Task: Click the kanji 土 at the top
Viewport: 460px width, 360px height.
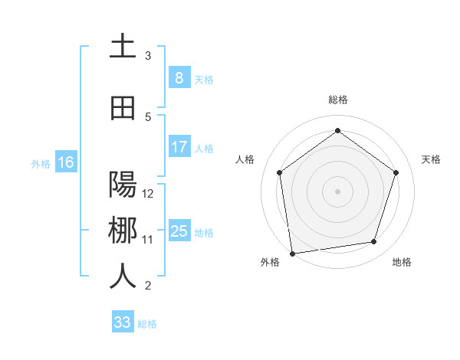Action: (123, 47)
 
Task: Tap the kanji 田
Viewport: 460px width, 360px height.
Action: (123, 108)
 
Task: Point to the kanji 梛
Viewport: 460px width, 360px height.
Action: (123, 231)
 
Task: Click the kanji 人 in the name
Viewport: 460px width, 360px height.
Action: (123, 277)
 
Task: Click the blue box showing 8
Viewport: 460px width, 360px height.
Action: (179, 78)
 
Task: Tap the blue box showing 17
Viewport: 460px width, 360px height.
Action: (179, 147)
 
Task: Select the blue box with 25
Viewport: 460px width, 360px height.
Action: (179, 231)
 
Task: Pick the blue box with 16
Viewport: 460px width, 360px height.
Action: (65, 162)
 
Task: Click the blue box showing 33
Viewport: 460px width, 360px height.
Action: (122, 322)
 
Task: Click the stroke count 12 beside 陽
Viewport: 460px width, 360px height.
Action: (148, 194)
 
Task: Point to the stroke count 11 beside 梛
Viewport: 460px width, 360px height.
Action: (148, 240)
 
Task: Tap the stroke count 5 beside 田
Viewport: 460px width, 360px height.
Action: (148, 117)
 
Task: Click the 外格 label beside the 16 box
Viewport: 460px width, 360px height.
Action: (41, 163)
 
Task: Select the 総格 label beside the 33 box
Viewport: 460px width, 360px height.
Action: (147, 324)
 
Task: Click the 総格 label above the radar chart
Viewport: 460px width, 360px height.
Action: (337, 100)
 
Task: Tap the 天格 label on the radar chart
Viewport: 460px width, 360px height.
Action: (431, 159)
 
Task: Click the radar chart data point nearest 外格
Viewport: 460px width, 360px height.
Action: (292, 252)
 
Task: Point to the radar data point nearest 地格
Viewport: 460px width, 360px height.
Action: (374, 242)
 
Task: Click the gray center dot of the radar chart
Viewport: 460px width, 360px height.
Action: (337, 191)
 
